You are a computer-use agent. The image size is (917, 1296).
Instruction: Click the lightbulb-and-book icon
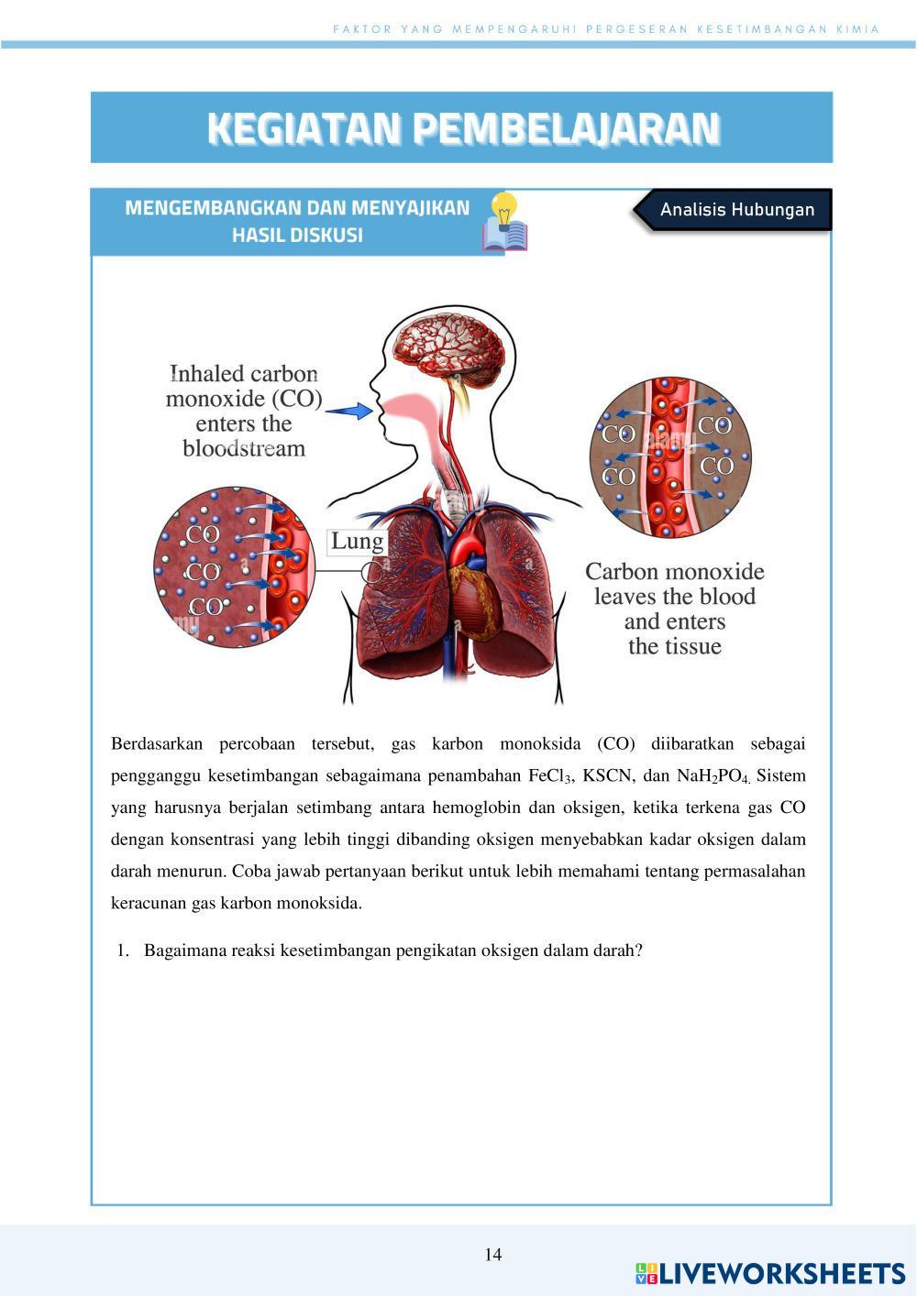point(505,223)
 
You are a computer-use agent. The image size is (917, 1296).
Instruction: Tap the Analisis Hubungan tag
point(736,210)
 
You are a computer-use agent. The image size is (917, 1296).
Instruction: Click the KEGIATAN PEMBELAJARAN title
point(462,129)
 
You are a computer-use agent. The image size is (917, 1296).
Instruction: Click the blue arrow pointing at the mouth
point(349,412)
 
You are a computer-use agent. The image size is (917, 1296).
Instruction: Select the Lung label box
point(357,542)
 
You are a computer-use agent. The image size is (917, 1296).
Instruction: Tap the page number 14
point(493,1255)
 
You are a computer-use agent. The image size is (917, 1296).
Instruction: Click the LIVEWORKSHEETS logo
point(770,1272)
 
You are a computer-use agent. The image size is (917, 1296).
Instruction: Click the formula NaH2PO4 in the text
point(713,776)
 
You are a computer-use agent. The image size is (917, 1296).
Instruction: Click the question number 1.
point(122,950)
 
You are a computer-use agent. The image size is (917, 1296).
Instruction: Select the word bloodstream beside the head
point(243,448)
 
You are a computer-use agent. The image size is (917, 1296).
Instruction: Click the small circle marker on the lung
point(371,574)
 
